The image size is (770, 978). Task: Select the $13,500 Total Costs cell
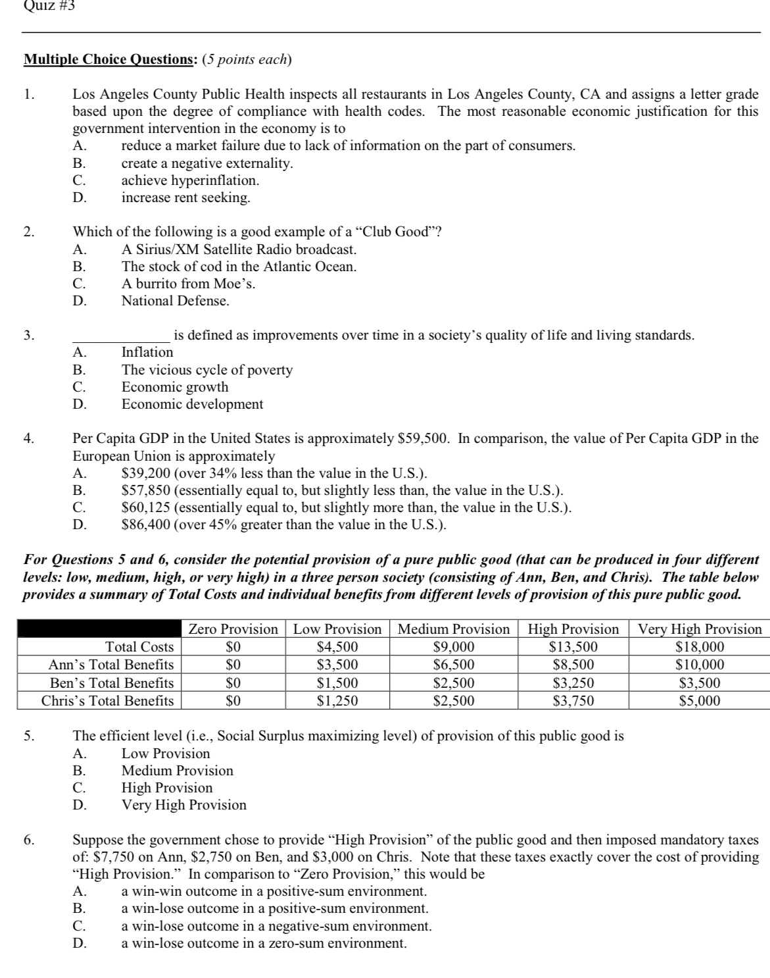pos(573,647)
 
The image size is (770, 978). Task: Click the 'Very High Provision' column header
pos(700,629)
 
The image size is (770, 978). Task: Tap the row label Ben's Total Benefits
pos(112,683)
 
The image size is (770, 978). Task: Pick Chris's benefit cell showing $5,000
pos(700,701)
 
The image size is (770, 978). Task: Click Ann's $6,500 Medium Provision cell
pos(453,665)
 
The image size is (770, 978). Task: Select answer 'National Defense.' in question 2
pos(176,301)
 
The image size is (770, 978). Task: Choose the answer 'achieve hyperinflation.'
pos(190,180)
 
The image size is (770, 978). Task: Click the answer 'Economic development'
pos(192,405)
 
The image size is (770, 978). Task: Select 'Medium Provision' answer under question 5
pos(177,771)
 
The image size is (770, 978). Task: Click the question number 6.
pos(28,840)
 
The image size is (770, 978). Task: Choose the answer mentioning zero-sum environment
pos(264,944)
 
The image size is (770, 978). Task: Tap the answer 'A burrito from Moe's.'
pos(189,284)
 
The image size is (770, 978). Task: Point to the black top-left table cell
pos(99,629)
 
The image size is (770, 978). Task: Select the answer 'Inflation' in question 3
pos(147,353)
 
